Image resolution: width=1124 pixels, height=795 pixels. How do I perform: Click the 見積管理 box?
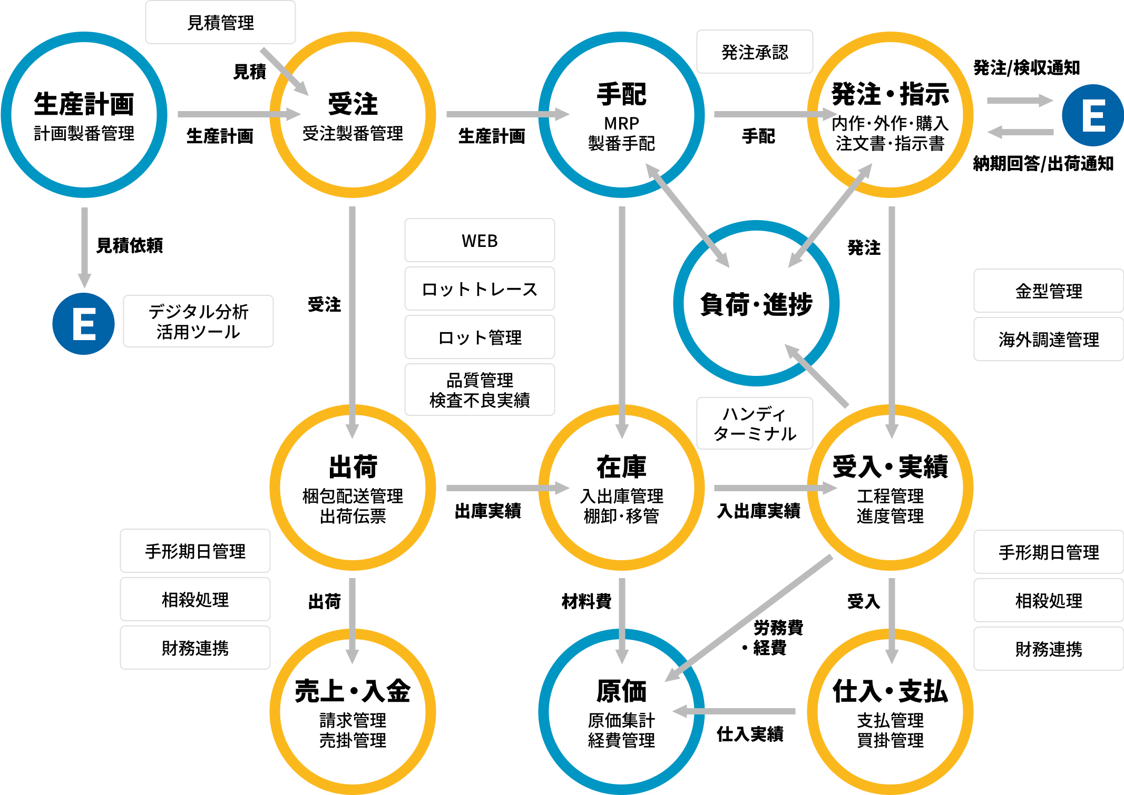pos(220,23)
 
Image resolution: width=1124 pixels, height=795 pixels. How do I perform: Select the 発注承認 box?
pos(754,52)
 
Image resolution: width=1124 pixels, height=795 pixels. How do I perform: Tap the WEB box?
pos(480,241)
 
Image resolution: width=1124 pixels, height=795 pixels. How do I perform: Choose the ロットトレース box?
pos(480,289)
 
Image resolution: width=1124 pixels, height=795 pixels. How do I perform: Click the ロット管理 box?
pos(480,337)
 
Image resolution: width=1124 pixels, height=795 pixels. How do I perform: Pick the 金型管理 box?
pos(1048,291)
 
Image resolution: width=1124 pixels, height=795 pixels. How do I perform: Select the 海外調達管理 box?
pos(1048,340)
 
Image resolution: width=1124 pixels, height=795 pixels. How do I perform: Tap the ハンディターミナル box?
pos(754,423)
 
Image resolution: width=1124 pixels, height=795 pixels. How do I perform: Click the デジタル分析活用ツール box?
pos(198,321)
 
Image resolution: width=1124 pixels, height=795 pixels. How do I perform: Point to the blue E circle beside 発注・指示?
pos(1092,115)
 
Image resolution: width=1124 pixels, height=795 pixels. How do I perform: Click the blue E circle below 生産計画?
pos(83,324)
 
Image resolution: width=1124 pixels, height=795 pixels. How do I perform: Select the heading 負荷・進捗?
pos(756,304)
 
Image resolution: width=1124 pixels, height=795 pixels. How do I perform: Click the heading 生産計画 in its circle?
pos(84,104)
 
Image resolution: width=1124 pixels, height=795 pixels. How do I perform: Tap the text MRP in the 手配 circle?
pos(621,123)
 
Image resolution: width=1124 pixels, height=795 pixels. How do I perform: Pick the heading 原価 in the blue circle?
pos(621,691)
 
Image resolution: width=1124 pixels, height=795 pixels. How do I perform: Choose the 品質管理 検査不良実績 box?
pos(480,390)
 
